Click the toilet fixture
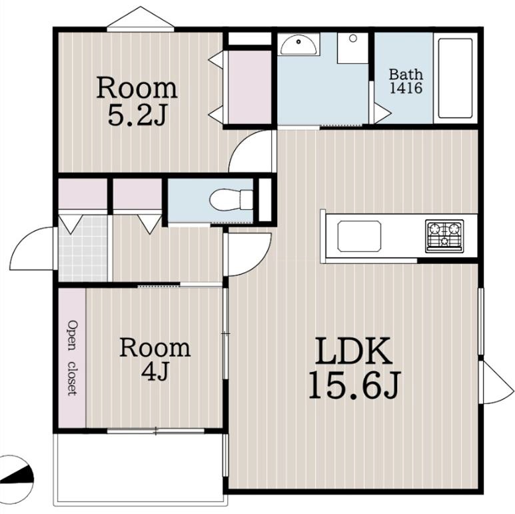[231, 200]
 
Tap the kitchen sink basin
[359, 236]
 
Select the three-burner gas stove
[444, 236]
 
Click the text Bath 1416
[406, 81]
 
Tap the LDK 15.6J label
[354, 368]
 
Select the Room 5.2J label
[137, 101]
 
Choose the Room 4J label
[155, 359]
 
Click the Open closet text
[72, 358]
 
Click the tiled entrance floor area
[83, 248]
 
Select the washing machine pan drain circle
[353, 39]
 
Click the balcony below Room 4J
[141, 469]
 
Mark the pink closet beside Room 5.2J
[250, 87]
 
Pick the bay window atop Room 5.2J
[141, 19]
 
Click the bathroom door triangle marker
[382, 113]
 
